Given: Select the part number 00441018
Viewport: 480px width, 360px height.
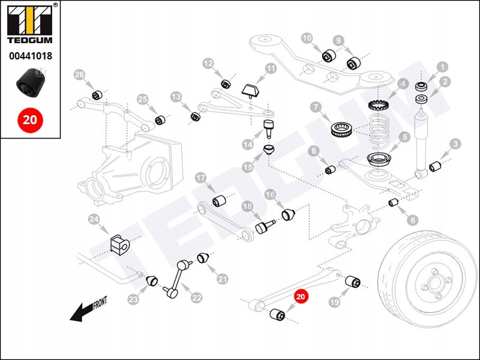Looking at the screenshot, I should point(29,56).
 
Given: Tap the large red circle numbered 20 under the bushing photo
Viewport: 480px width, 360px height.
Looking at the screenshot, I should point(29,119).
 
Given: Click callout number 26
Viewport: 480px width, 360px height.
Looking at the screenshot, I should point(80,74).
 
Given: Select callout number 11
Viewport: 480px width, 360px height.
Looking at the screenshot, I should point(271,69).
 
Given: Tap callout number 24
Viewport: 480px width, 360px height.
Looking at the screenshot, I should point(94,220).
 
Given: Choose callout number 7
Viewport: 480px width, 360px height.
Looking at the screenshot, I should point(317,108).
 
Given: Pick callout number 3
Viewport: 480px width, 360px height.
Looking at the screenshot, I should point(456,144).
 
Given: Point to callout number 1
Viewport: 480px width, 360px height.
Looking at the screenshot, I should point(442,67).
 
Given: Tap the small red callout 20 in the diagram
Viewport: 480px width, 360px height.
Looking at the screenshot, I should point(301,296).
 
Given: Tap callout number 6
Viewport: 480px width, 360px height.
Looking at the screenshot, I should point(415,220).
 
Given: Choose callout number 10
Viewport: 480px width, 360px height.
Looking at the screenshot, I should point(307,38).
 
